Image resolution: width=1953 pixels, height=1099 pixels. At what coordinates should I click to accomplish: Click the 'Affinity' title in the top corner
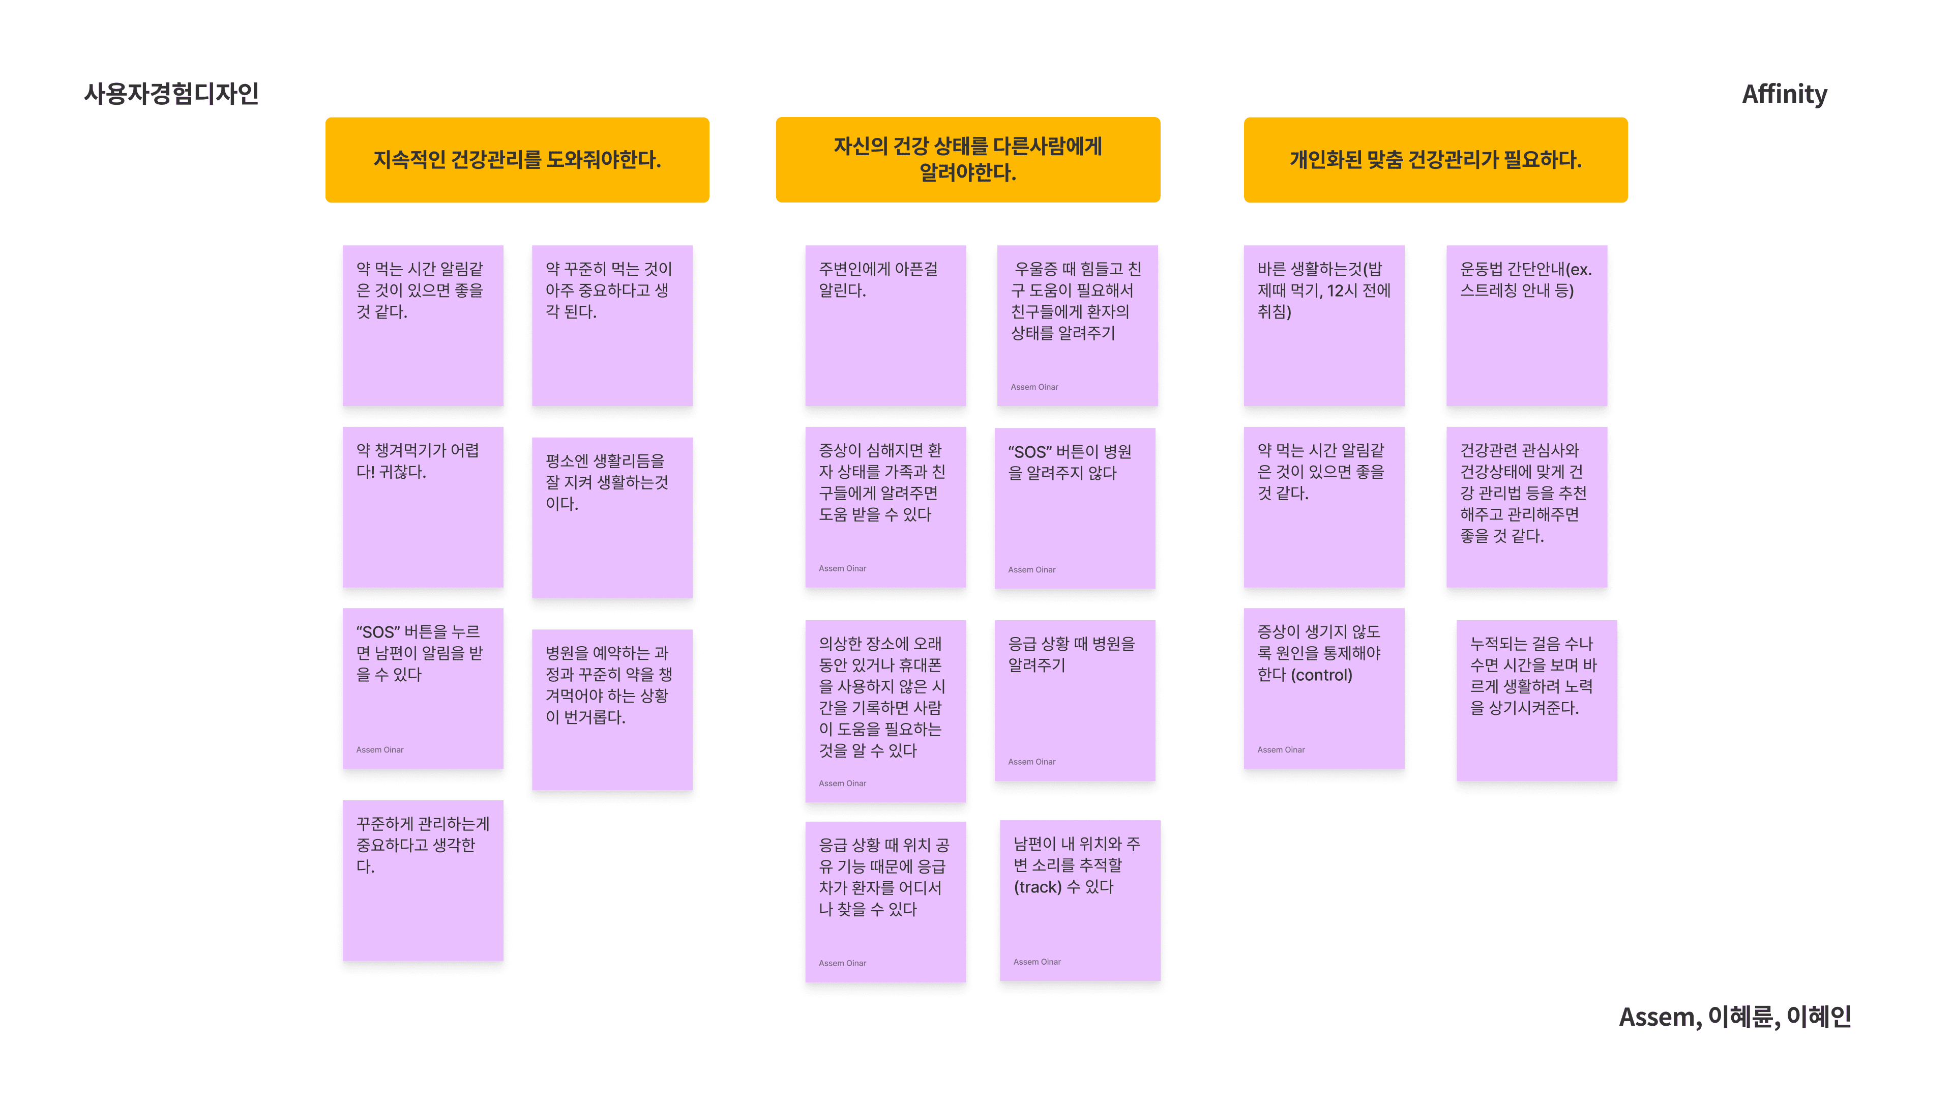[x=1784, y=94]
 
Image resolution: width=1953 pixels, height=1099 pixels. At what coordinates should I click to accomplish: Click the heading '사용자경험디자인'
[x=171, y=93]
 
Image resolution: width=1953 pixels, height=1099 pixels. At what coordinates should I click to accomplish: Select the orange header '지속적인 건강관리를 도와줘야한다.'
[x=517, y=160]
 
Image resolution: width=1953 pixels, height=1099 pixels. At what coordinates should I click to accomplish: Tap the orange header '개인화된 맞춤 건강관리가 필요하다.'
[x=1435, y=160]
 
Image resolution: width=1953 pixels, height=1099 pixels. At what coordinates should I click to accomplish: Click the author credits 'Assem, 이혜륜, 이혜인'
[x=1735, y=1017]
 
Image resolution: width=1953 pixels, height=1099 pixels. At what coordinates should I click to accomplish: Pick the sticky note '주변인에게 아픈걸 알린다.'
[x=885, y=326]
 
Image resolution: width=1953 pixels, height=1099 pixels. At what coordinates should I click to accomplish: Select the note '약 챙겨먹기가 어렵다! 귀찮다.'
[x=422, y=507]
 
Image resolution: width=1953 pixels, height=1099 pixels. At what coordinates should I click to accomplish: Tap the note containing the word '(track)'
[x=1080, y=900]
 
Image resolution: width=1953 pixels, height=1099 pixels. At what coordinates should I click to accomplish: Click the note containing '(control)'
[x=1324, y=688]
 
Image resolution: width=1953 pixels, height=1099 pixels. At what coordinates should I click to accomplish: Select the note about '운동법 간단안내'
[x=1526, y=326]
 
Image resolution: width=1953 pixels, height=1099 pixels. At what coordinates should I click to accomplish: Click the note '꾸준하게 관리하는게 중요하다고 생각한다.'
[x=422, y=880]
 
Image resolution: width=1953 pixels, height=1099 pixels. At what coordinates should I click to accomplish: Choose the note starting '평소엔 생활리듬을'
[x=612, y=517]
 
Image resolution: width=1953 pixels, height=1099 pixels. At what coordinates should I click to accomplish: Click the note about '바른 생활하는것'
[x=1324, y=326]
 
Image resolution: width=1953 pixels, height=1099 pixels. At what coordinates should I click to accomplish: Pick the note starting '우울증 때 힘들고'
[x=1077, y=326]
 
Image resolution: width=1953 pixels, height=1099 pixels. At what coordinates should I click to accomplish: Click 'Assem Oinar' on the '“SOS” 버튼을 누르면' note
[x=380, y=749]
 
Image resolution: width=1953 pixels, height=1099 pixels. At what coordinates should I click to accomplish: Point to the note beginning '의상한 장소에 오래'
[x=885, y=711]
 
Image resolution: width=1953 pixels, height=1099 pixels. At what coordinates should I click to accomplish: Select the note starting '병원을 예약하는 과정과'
[x=612, y=709]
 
